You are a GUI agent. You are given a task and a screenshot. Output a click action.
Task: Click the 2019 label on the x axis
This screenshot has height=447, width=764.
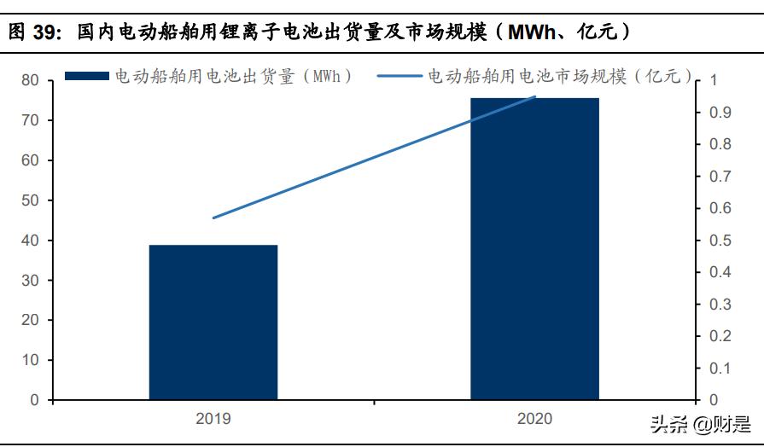click(x=213, y=419)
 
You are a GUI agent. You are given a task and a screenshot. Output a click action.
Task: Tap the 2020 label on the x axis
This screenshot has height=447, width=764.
click(x=534, y=419)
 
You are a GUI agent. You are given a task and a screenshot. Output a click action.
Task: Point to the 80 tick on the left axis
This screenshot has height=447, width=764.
click(x=31, y=80)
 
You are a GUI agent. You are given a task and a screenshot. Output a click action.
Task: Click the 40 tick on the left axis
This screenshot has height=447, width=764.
click(x=31, y=241)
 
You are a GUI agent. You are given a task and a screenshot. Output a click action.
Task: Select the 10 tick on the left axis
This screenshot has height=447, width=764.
click(x=31, y=360)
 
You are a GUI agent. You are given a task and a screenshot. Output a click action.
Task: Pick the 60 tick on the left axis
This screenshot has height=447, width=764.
click(x=31, y=160)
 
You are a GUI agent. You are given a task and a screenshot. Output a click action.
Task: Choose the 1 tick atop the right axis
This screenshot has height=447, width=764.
click(x=714, y=80)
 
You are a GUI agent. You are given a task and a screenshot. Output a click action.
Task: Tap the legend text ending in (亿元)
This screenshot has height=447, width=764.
click(x=560, y=76)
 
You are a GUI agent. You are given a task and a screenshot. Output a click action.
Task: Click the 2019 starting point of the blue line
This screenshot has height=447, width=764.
click(x=213, y=218)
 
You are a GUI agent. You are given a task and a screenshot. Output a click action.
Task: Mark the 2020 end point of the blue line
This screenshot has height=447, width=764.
click(x=535, y=96)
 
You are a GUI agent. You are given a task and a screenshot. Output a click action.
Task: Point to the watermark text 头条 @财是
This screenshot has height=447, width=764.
click(x=700, y=424)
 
